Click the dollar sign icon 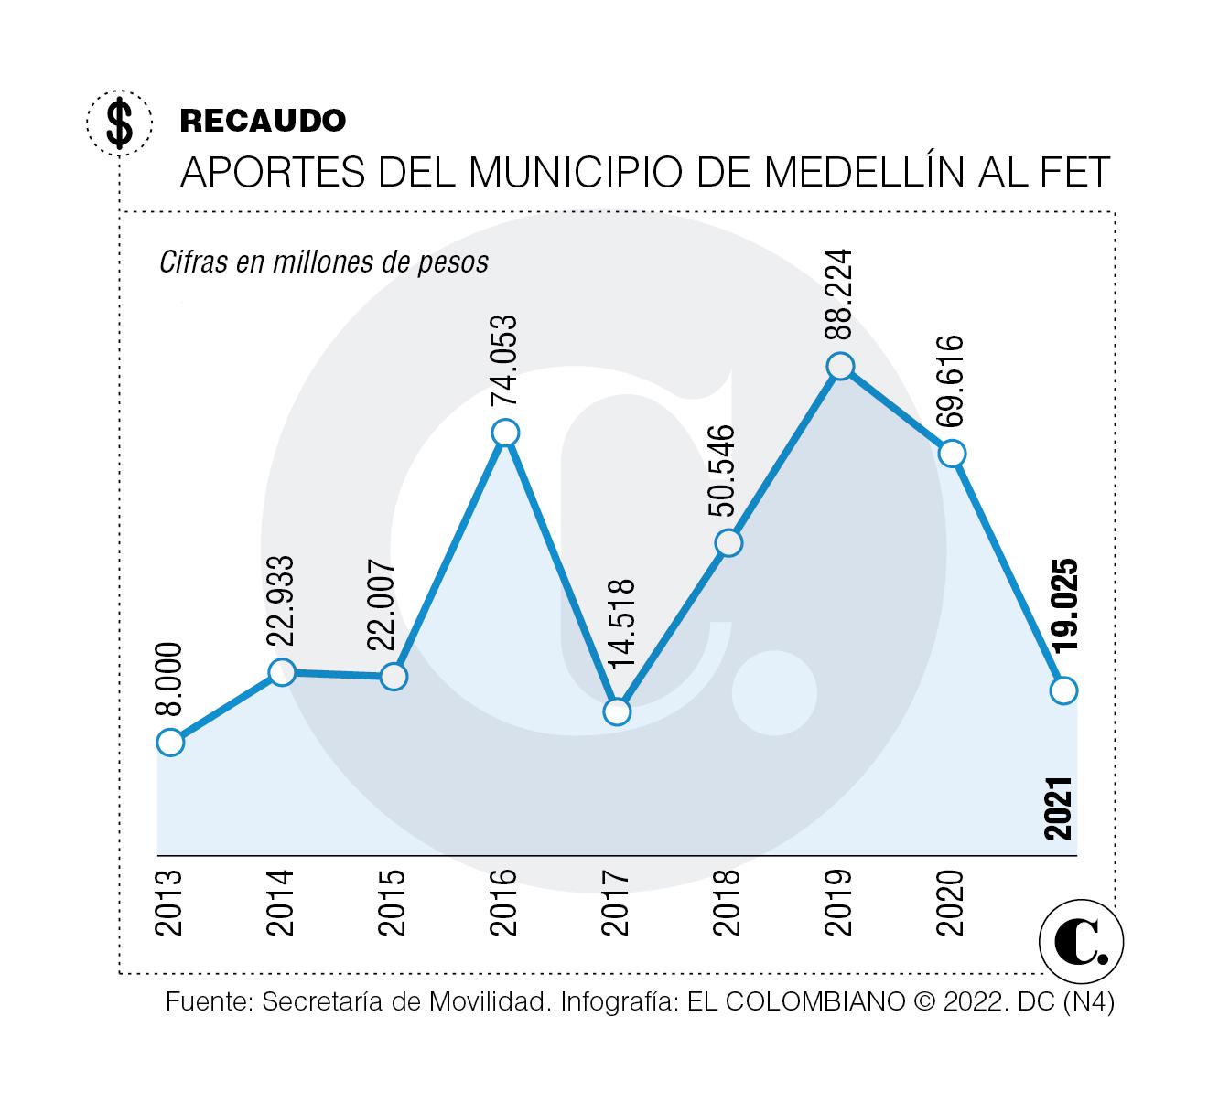tap(120, 123)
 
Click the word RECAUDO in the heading tap(264, 120)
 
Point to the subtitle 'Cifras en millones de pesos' tap(324, 262)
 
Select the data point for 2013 tap(170, 742)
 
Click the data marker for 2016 tap(505, 433)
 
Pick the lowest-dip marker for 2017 tap(618, 711)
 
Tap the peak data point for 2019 tap(840, 366)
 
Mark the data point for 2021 tap(1063, 690)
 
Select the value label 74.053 tap(505, 360)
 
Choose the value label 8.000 tap(171, 679)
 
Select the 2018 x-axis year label tap(728, 902)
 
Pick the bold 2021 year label tap(1059, 808)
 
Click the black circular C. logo tap(1082, 943)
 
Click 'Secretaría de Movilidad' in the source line tap(405, 1002)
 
